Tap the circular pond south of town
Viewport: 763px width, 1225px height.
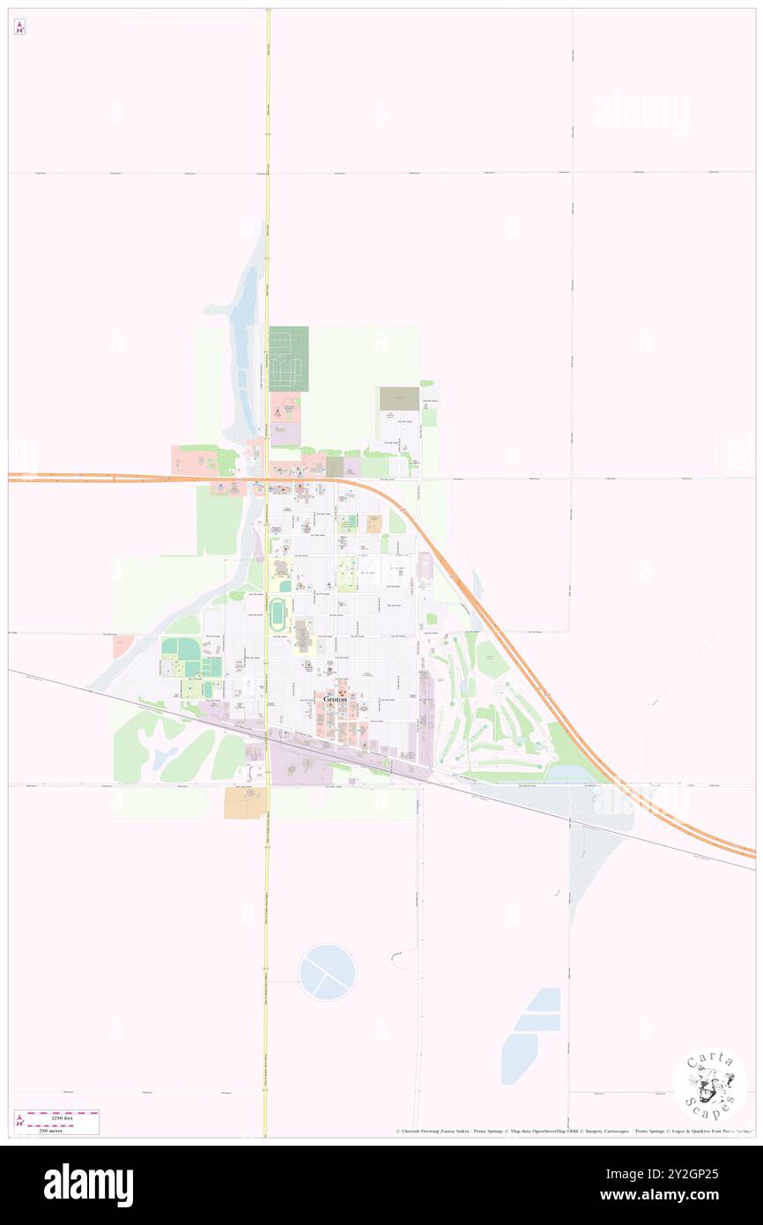coord(327,972)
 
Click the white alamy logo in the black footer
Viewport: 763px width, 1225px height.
coord(88,1184)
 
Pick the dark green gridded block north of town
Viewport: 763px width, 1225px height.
coord(289,359)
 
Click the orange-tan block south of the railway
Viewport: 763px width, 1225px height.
coord(244,802)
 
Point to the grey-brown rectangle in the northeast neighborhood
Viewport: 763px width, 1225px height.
coord(399,398)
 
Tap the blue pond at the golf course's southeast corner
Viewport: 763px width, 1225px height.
coord(572,772)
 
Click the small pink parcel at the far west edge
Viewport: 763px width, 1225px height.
coord(119,647)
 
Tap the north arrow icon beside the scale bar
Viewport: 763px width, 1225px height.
coord(19,1122)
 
